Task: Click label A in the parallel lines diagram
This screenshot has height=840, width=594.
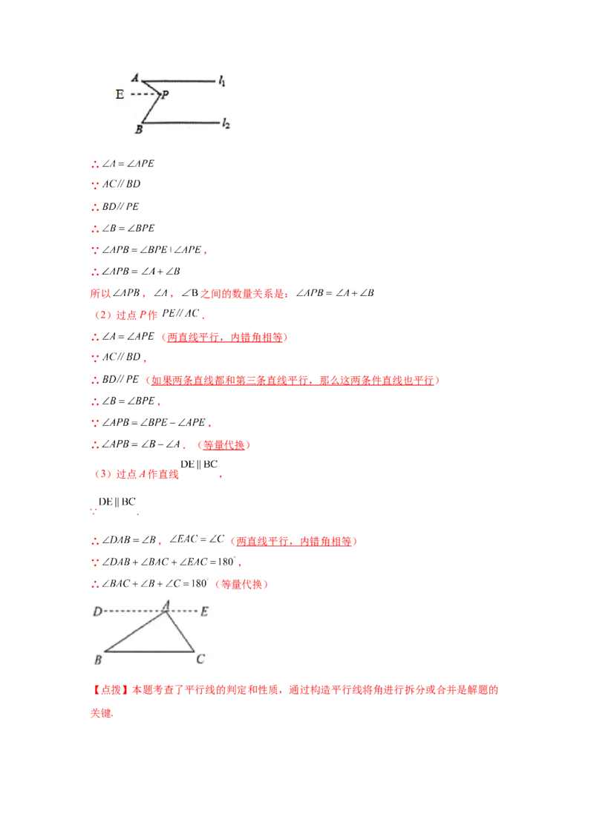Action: click(134, 77)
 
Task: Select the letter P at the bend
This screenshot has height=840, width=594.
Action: click(165, 94)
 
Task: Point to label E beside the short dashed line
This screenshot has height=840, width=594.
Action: click(120, 94)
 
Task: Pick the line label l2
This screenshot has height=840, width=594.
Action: click(226, 124)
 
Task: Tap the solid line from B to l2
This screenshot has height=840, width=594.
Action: click(182, 123)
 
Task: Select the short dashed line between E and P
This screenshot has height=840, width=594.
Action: click(144, 94)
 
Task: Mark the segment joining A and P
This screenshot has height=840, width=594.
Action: click(151, 87)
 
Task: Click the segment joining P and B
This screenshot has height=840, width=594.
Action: click(151, 109)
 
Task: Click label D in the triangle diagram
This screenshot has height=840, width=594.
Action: click(97, 612)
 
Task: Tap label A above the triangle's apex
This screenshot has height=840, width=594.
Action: click(167, 605)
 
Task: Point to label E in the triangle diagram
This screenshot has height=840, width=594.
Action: click(204, 612)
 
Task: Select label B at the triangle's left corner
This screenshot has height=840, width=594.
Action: click(98, 659)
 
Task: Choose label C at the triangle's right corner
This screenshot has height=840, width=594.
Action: click(200, 659)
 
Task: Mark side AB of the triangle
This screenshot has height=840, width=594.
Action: click(135, 632)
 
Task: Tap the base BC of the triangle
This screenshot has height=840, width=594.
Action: click(148, 652)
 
